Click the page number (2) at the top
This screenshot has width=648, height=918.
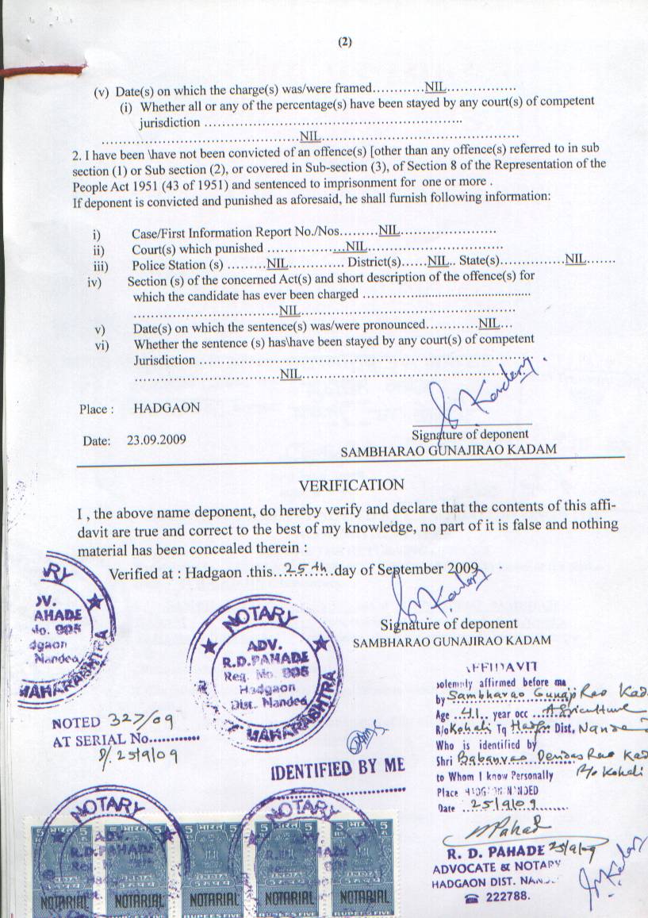(344, 43)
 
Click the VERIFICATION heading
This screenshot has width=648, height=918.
(351, 485)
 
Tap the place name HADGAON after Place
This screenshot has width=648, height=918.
(167, 408)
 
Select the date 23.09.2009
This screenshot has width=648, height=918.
(158, 439)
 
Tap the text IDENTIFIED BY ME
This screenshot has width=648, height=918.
(338, 768)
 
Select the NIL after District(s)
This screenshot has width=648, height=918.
(438, 260)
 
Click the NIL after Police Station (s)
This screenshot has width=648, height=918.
(278, 262)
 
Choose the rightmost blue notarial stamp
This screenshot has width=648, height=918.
(362, 869)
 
